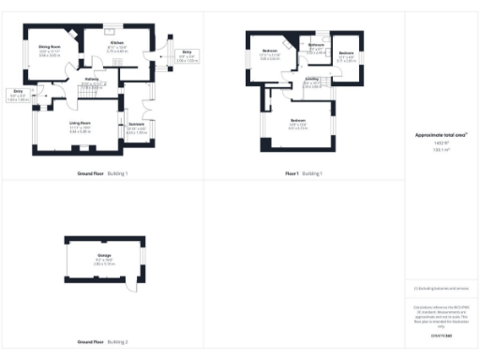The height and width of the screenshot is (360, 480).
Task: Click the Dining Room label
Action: [50, 45]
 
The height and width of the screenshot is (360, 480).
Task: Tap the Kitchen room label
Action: [117, 43]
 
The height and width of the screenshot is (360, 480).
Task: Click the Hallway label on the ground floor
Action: [93, 80]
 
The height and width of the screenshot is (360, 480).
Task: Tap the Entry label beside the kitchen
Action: [187, 54]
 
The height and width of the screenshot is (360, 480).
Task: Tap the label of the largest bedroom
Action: [298, 121]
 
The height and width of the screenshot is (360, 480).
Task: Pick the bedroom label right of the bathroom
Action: [346, 53]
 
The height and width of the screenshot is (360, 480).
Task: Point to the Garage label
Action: [103, 255]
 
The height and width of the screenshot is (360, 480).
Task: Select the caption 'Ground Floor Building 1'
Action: [102, 174]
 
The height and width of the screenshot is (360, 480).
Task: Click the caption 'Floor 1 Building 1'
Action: [304, 174]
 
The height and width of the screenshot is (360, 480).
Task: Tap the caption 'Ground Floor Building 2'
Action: [102, 344]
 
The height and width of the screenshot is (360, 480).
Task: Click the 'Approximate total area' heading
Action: [440, 135]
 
